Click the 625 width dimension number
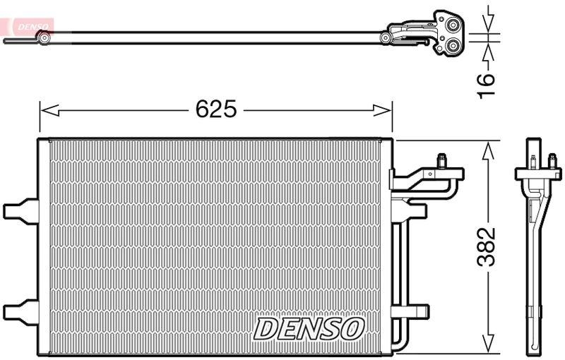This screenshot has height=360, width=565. pos(215,109)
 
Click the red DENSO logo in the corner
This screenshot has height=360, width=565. pos(26,27)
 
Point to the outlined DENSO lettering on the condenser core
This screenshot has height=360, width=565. pos(309,328)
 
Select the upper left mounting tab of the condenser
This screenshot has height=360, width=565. pos(18,210)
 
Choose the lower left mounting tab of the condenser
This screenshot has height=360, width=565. pos(18,310)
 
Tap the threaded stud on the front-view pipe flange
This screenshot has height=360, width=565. pos(442,161)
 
